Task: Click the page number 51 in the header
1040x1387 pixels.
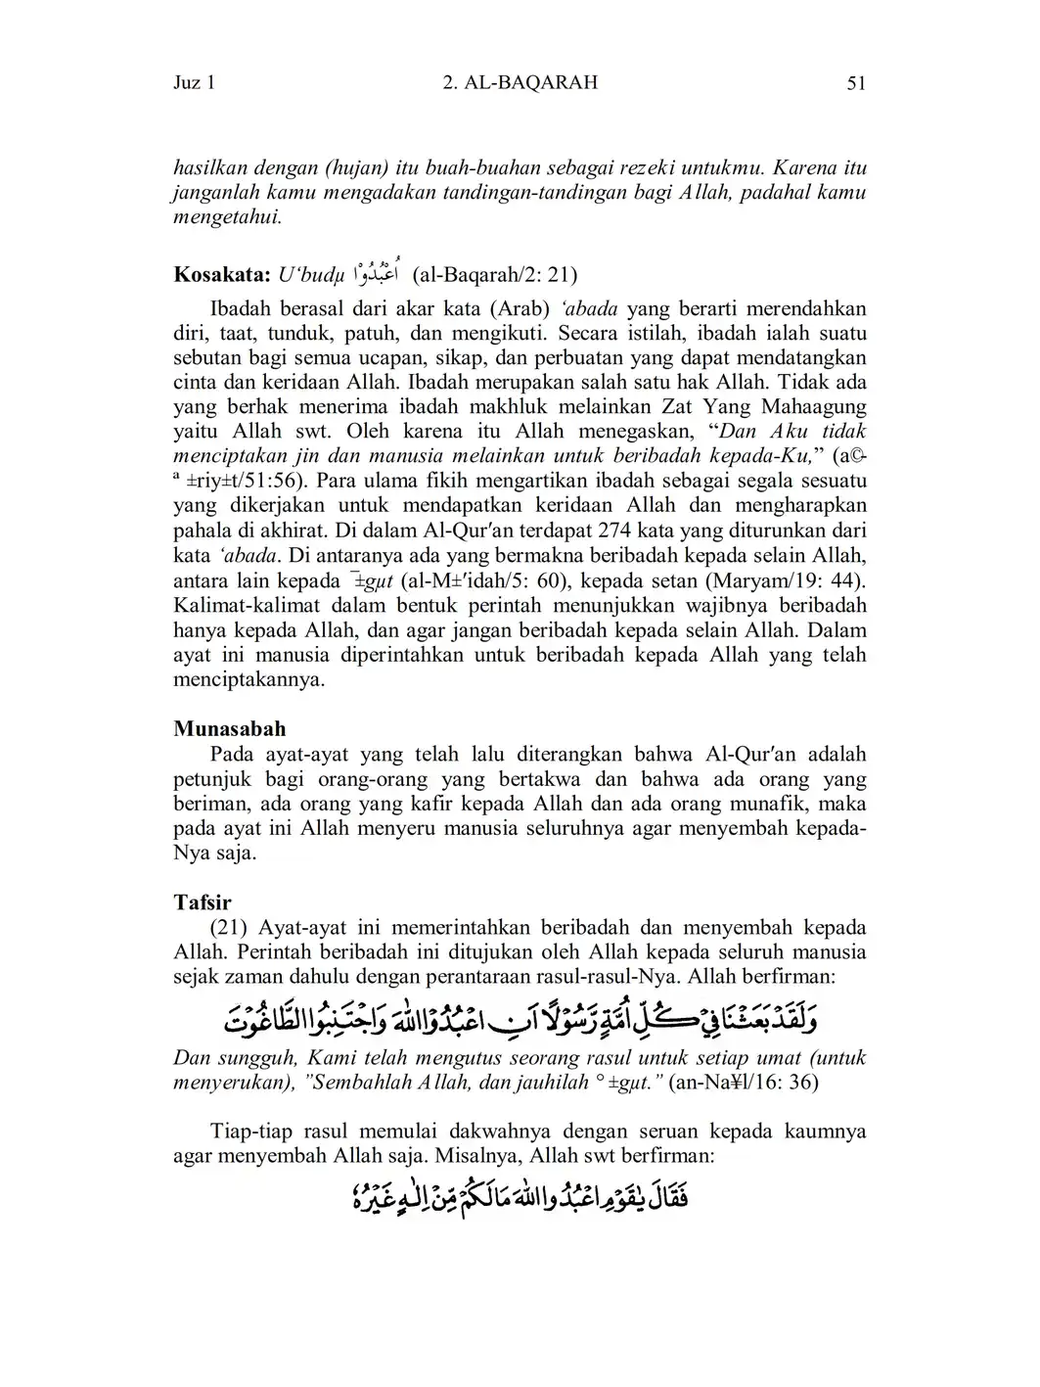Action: point(856,83)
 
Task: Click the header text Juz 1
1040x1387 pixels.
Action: point(194,83)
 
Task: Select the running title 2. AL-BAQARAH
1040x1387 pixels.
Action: point(520,83)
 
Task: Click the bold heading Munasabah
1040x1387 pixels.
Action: point(230,728)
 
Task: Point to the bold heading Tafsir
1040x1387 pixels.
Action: point(203,902)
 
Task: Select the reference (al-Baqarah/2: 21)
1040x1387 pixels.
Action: point(501,272)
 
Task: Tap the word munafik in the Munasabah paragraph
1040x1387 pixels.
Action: point(765,805)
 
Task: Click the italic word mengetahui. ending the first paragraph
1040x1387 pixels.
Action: point(228,217)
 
